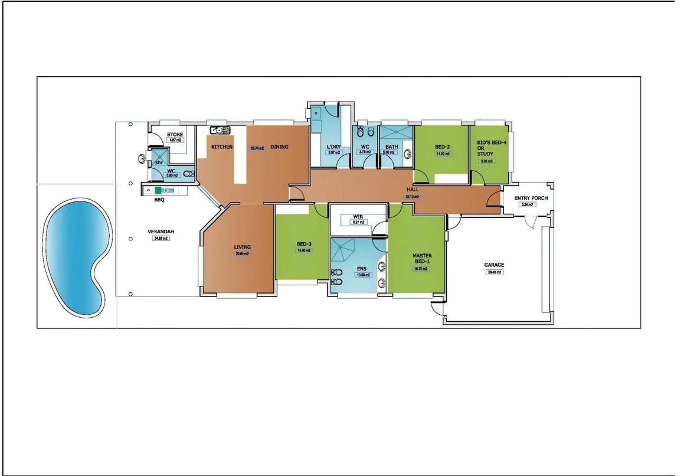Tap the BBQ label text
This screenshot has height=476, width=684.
click(159, 201)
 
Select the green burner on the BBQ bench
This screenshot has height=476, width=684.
click(158, 191)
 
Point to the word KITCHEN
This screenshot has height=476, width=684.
click(222, 146)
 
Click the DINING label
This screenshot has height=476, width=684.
click(279, 146)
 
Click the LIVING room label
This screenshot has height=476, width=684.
click(242, 247)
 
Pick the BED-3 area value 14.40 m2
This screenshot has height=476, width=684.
click(303, 250)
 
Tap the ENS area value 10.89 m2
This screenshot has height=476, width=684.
click(362, 275)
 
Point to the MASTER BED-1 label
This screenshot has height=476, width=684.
click(422, 259)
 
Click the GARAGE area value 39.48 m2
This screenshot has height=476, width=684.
click(495, 272)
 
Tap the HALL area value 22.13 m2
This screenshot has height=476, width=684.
click(412, 196)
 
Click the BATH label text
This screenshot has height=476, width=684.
click(392, 146)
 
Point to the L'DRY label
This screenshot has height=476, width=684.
click(334, 146)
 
